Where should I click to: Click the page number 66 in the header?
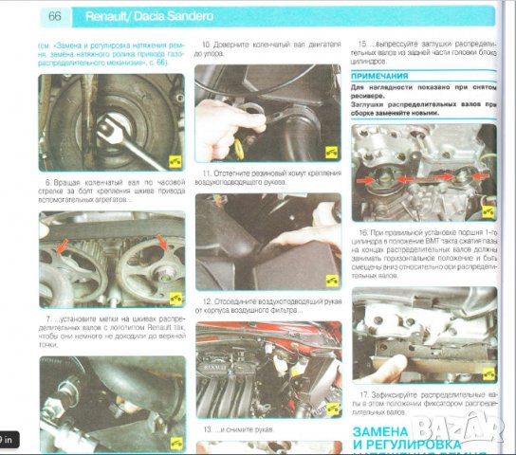(54, 16)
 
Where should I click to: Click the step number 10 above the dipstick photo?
(206, 45)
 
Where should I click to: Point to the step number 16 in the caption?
(363, 231)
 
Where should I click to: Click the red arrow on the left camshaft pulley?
(63, 249)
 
